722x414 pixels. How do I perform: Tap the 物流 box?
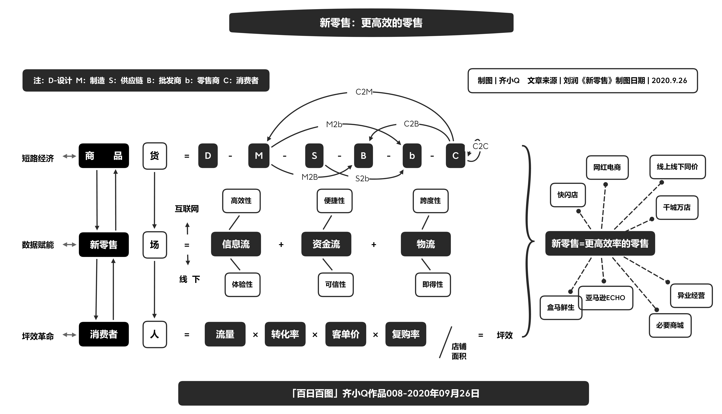click(x=425, y=244)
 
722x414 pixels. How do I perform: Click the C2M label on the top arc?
click(x=364, y=92)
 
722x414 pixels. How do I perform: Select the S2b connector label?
click(x=362, y=179)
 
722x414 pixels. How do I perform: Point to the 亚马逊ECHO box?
click(x=605, y=298)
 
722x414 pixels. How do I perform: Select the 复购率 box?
click(x=405, y=334)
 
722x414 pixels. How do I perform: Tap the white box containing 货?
click(x=155, y=156)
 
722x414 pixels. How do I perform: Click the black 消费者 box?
click(x=104, y=334)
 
